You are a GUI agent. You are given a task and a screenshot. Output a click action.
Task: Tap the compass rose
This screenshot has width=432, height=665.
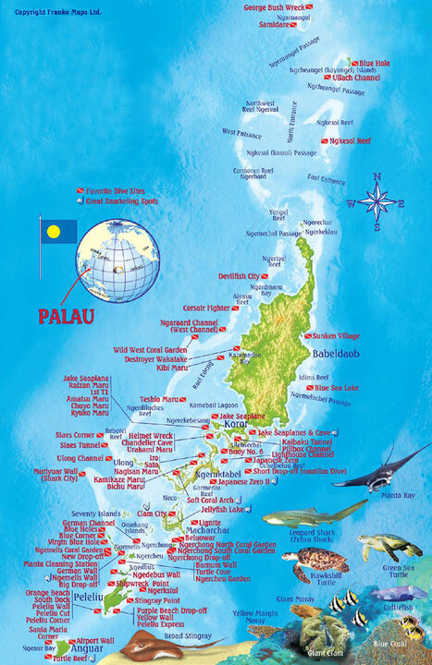tap(377, 199)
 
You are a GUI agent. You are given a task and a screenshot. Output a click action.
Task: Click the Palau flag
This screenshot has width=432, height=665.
tap(57, 231)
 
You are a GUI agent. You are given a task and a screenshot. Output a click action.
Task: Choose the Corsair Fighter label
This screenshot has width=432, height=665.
tap(206, 307)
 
